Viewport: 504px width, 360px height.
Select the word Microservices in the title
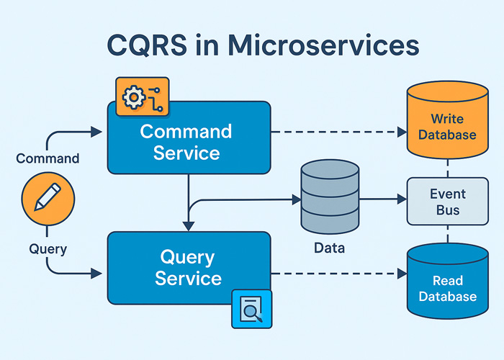(323, 45)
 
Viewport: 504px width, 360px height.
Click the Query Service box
(189, 267)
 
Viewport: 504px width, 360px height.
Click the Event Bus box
(448, 202)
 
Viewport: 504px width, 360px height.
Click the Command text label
(48, 158)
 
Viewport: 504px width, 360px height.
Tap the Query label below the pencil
(48, 249)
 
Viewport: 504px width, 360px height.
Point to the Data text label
(329, 248)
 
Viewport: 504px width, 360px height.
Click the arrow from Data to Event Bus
(382, 198)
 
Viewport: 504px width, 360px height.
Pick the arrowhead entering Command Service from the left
(99, 132)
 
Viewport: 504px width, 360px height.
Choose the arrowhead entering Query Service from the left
(99, 273)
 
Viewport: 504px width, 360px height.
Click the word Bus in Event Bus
(448, 211)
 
